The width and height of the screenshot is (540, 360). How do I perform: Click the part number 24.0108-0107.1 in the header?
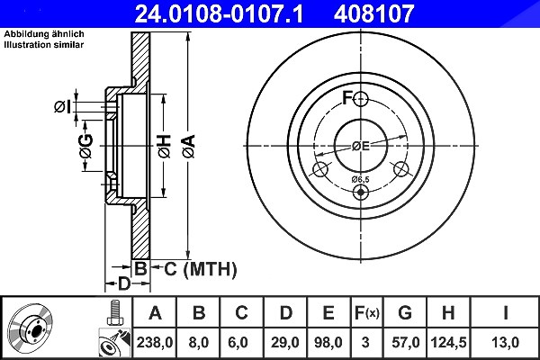219,13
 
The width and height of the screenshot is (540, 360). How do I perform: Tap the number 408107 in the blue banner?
374,13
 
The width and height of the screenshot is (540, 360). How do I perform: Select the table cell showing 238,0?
155,342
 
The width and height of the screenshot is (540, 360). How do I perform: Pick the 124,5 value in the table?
448,342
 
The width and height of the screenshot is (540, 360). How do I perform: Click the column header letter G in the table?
405,313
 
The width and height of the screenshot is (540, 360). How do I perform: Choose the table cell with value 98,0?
328,342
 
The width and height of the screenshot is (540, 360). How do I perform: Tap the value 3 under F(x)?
365,342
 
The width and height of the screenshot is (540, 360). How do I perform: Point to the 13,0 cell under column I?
505,342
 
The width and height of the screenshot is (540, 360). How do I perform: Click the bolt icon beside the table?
114,312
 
